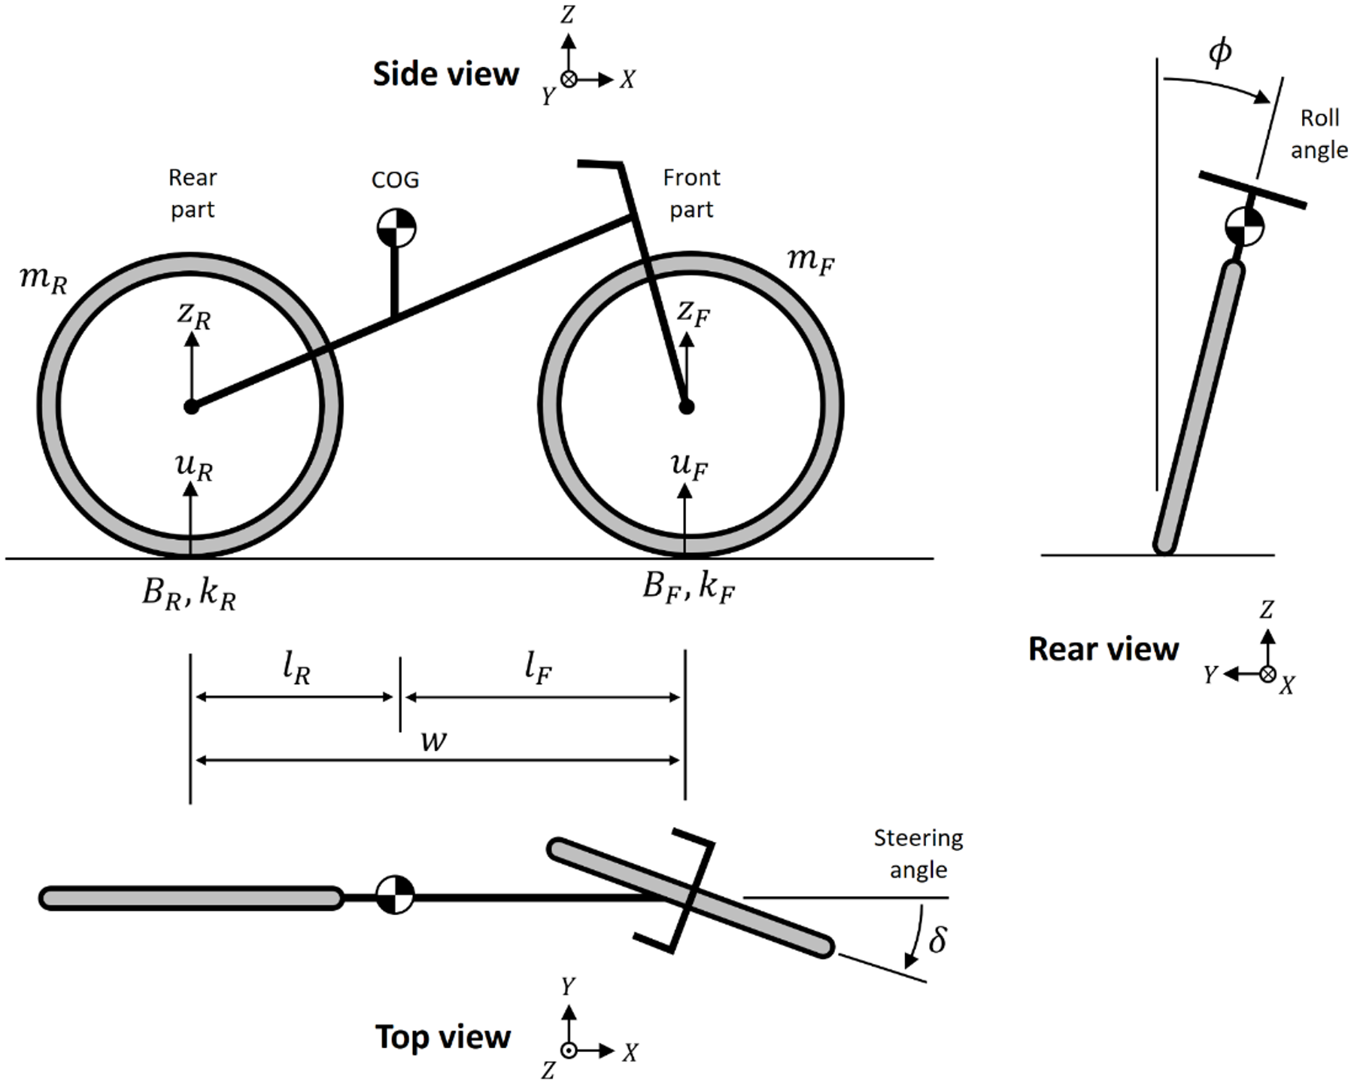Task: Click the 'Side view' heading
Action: click(x=446, y=74)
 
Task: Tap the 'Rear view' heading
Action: click(x=1103, y=649)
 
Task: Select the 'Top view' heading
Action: click(x=443, y=1037)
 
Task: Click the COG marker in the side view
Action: click(x=396, y=227)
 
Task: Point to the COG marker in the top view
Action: click(x=395, y=895)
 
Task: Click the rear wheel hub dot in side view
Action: click(x=191, y=407)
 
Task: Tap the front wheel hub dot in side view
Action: click(x=685, y=407)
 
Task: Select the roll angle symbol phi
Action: click(x=1219, y=51)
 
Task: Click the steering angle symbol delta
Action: click(x=937, y=940)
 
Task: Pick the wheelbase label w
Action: click(x=434, y=740)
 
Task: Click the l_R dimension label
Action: click(x=296, y=668)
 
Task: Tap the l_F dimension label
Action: click(x=539, y=668)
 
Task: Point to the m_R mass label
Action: click(x=44, y=280)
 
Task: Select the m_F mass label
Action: click(x=810, y=260)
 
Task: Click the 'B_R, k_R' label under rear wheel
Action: click(x=189, y=594)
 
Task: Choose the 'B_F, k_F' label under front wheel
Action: click(x=688, y=587)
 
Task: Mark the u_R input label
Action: click(x=194, y=467)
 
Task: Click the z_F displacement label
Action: click(x=693, y=312)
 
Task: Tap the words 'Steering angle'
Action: click(x=918, y=854)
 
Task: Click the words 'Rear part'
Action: click(x=193, y=193)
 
